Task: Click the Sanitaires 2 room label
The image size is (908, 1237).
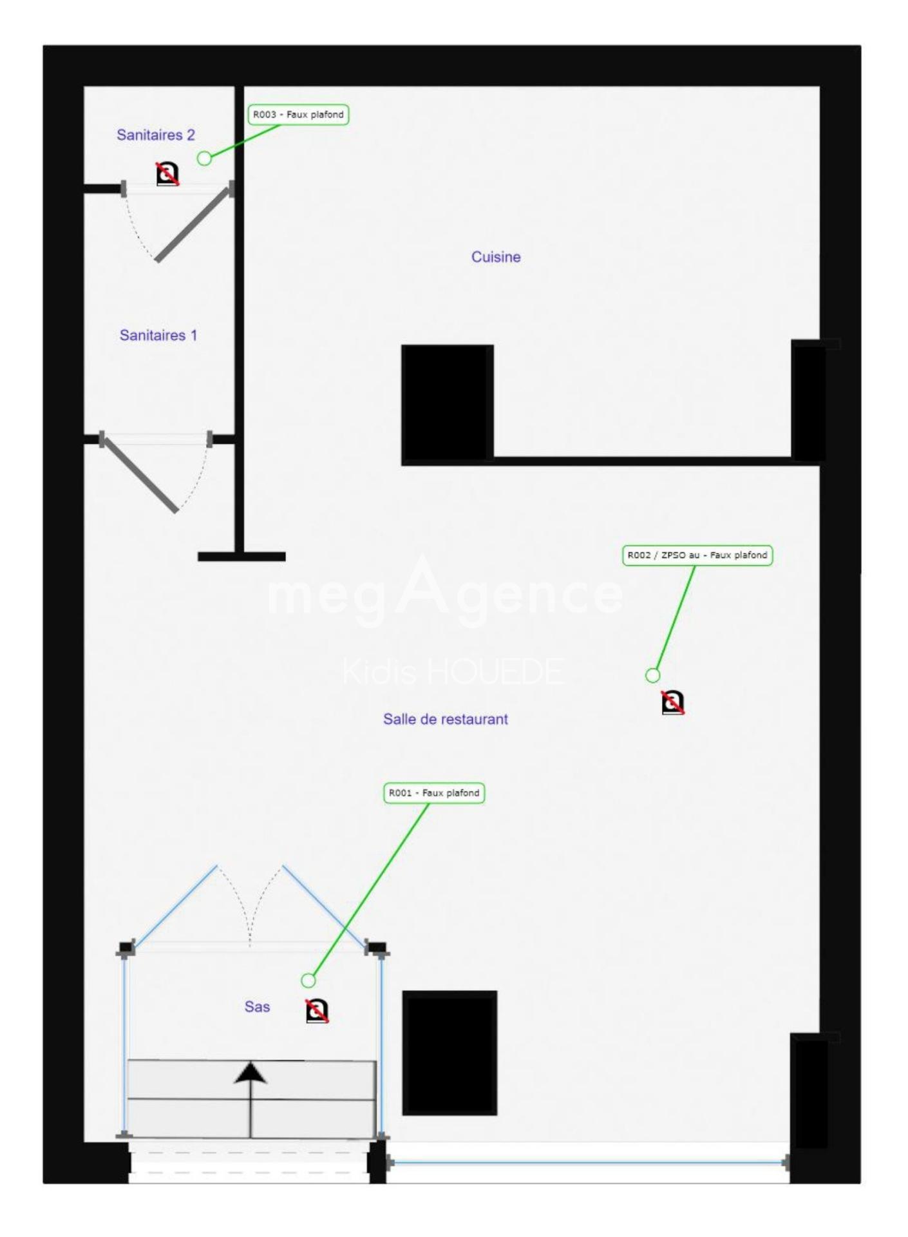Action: tap(156, 135)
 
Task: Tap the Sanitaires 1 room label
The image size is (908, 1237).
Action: tap(158, 335)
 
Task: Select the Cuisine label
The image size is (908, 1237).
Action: tap(496, 257)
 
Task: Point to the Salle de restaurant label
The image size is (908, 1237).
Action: tap(446, 719)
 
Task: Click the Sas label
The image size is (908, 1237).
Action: tap(257, 1006)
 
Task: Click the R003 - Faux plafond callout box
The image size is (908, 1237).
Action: tap(298, 115)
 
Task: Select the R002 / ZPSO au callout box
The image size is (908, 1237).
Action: tap(697, 555)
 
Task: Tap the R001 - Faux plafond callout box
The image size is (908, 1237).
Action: tap(434, 793)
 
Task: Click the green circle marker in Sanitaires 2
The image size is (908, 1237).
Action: tap(204, 158)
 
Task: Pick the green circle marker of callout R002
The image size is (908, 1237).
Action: tap(652, 675)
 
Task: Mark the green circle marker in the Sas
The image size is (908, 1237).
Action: tap(308, 981)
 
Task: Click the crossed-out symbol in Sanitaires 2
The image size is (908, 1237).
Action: tap(167, 174)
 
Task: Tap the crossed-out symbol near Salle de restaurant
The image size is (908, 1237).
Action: tap(672, 702)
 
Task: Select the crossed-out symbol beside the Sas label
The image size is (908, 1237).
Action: tap(316, 1011)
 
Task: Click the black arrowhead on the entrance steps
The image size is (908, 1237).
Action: tap(251, 1073)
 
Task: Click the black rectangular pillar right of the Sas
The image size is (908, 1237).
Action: tap(449, 1053)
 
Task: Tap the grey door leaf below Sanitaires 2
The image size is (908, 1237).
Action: tap(193, 224)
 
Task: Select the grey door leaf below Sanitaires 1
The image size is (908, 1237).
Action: tap(140, 474)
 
